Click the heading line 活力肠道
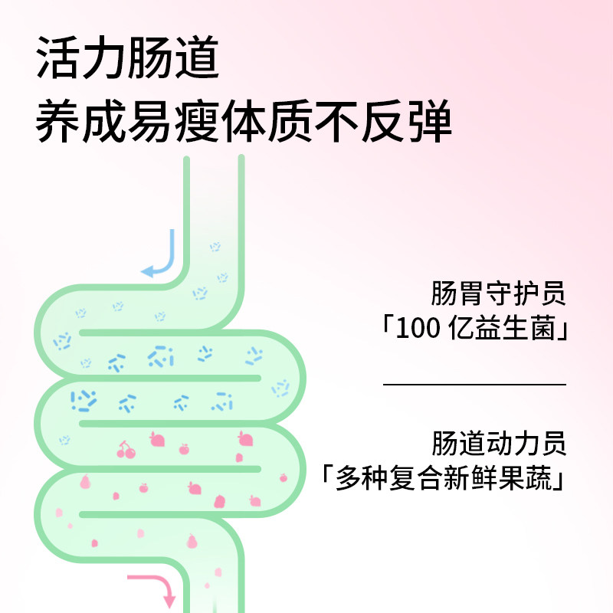click(x=127, y=59)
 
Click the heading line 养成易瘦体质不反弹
click(x=244, y=122)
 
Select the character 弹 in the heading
click(x=429, y=122)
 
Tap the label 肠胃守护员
click(x=497, y=295)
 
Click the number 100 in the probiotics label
click(x=419, y=331)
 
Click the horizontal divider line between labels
click(x=474, y=384)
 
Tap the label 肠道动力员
click(x=497, y=444)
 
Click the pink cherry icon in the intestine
click(x=126, y=450)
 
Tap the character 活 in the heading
click(x=58, y=59)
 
